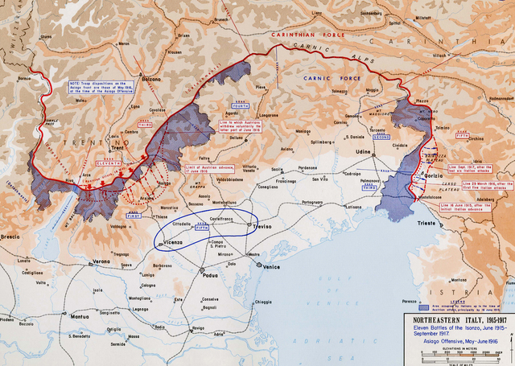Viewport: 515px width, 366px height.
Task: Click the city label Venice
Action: pyautogui.click(x=272, y=266)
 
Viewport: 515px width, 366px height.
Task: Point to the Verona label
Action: pyautogui.click(x=101, y=262)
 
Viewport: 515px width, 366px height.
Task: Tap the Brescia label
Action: pyautogui.click(x=11, y=238)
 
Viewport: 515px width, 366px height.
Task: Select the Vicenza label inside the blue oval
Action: pyautogui.click(x=173, y=241)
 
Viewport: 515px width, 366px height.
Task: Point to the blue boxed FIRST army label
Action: pyautogui.click(x=133, y=216)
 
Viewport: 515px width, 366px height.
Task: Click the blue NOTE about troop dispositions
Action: pyautogui.click(x=88, y=91)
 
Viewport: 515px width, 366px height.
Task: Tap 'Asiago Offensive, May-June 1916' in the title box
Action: pyautogui.click(x=456, y=341)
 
